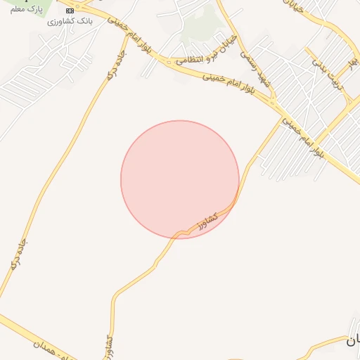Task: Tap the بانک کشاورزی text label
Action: [66, 21]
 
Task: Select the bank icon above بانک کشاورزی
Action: [69, 11]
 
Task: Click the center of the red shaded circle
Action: [180, 179]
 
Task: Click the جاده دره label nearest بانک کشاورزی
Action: [116, 63]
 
